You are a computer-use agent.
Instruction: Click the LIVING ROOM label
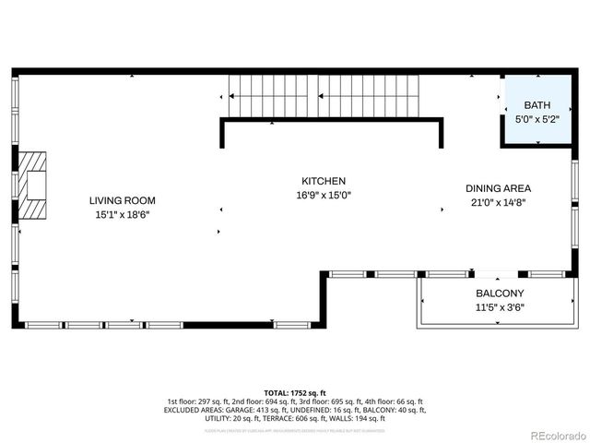122,200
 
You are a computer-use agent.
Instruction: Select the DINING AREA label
497,187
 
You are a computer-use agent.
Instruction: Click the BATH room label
536,105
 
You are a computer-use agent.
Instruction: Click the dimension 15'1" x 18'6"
122,214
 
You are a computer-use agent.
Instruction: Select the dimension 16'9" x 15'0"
324,195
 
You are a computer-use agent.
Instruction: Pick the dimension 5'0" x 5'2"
536,119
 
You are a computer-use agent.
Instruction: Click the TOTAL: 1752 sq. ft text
294,392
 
